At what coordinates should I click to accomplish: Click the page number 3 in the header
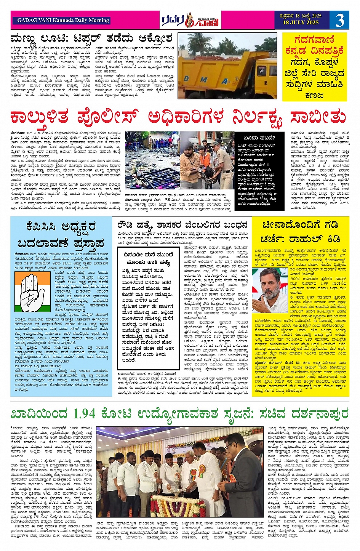click(x=339, y=20)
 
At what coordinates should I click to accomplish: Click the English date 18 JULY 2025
click(x=301, y=23)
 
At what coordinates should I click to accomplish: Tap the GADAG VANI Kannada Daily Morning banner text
click(x=63, y=20)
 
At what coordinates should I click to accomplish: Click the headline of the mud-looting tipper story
click(x=91, y=38)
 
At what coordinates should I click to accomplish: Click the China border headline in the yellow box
click(x=300, y=232)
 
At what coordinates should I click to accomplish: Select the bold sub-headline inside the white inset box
click(x=149, y=259)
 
